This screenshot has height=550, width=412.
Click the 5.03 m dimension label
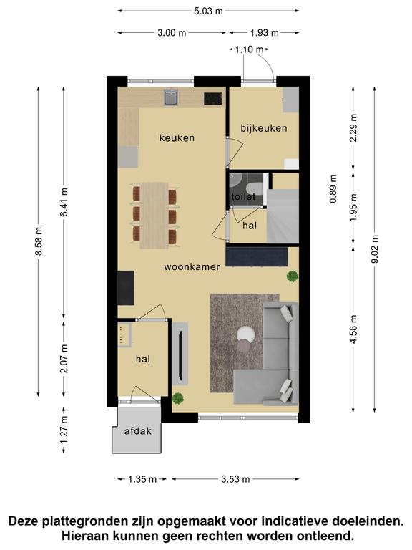[x=208, y=11]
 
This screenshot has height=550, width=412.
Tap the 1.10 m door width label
[x=249, y=49]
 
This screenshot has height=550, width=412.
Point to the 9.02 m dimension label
[x=375, y=249]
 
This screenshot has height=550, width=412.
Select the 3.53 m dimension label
[x=235, y=479]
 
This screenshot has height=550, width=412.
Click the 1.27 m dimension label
[x=64, y=430]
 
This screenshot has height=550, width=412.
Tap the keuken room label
[x=177, y=137]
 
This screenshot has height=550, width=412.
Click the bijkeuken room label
[x=264, y=128]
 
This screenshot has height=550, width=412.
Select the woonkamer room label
[x=192, y=266]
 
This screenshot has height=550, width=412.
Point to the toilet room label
[x=243, y=197]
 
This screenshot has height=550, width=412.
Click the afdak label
[x=137, y=431]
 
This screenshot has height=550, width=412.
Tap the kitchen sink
[x=171, y=97]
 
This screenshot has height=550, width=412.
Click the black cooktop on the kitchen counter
[x=213, y=99]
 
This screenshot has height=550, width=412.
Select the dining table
[x=154, y=216]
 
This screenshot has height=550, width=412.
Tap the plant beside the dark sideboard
[x=292, y=276]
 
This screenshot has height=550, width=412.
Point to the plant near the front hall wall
[x=178, y=398]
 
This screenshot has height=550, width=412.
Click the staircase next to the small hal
[x=283, y=216]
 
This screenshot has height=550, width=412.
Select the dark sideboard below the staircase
[x=257, y=256]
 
